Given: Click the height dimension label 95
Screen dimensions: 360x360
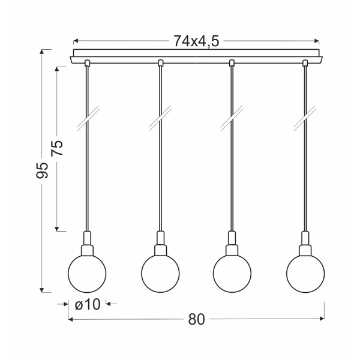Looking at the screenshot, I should coord(41,171).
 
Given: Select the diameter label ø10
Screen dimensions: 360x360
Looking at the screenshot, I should coord(88,305).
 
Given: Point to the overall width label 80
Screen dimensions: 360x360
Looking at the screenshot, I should coord(196,320).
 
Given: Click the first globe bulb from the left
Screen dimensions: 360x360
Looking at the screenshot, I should coord(88,274).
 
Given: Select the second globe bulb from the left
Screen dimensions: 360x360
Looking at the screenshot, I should coord(160,274).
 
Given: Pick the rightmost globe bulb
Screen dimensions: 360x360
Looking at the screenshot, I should coord(305,274).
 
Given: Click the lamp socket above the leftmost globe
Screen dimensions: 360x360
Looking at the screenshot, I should coord(88,243).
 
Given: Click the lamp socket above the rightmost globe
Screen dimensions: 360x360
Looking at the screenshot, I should coord(305,243).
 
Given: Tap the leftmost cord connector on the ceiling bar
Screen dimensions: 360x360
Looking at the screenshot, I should coord(88,62).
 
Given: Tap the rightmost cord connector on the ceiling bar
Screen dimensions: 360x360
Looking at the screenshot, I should coord(305,62).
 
